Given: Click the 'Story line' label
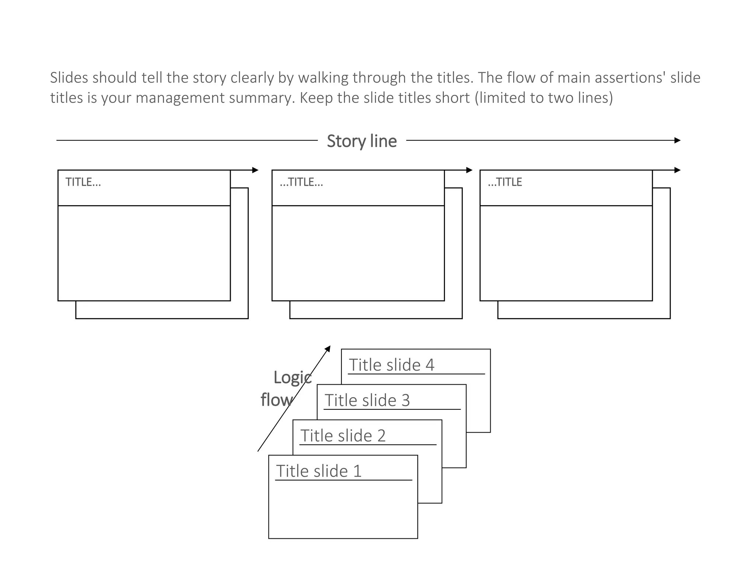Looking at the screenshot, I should (362, 141).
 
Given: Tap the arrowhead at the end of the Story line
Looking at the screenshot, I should (677, 140).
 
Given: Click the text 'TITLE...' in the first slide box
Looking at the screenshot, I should (83, 182).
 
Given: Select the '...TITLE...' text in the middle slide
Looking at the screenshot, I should (301, 182).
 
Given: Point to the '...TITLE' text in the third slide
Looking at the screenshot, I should (505, 182).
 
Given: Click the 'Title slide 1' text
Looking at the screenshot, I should (319, 471).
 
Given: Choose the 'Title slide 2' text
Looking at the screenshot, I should (343, 436).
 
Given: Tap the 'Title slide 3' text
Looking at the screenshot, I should (367, 400).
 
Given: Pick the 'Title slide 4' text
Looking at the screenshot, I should (392, 365).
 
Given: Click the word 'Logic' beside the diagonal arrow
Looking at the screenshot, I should (292, 377).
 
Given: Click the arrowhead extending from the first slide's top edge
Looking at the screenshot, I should (255, 170).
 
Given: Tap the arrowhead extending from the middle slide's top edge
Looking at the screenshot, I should (469, 170).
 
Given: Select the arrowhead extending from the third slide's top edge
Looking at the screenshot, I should (677, 170).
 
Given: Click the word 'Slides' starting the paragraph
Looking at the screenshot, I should (69, 78).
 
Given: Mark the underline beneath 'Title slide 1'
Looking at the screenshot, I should (344, 480).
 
